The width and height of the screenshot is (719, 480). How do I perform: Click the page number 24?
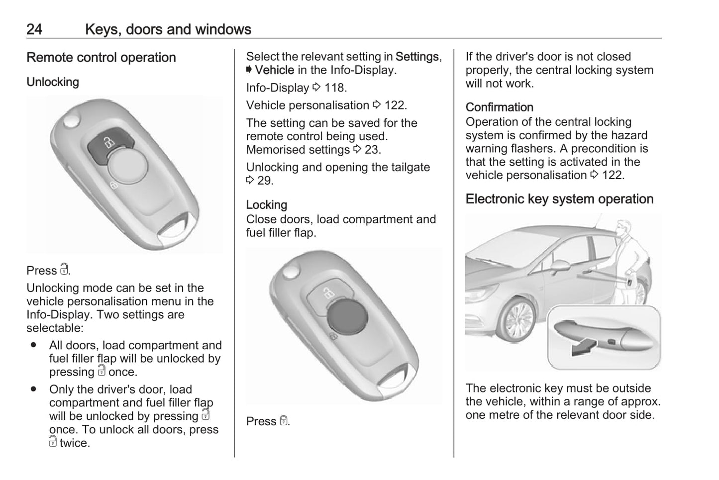pyautogui.click(x=34, y=29)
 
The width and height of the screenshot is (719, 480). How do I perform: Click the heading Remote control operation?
pyautogui.click(x=101, y=58)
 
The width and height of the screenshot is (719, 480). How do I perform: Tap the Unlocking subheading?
pyautogui.click(x=53, y=82)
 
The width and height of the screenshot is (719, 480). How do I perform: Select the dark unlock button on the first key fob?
pyautogui.click(x=108, y=145)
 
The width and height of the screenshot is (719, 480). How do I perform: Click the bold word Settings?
pyautogui.click(x=417, y=57)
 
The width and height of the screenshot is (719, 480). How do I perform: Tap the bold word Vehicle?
pyautogui.click(x=274, y=70)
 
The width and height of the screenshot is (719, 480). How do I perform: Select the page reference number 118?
pyautogui.click(x=335, y=88)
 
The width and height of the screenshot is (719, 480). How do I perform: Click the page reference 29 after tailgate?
pyautogui.click(x=265, y=181)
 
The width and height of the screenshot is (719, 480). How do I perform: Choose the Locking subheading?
pyautogui.click(x=267, y=205)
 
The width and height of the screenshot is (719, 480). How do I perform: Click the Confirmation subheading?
pyautogui.click(x=499, y=107)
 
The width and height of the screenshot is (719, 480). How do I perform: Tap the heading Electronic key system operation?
pyautogui.click(x=559, y=199)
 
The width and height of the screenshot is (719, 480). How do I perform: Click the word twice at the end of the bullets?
pyautogui.click(x=75, y=443)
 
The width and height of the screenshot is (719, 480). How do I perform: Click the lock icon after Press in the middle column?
pyautogui.click(x=283, y=421)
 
